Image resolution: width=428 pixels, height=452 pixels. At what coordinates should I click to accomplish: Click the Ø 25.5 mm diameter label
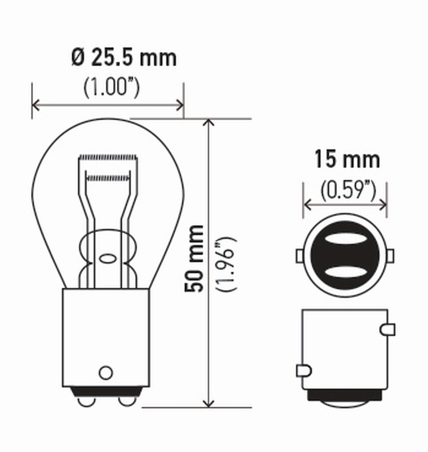coord(123,58)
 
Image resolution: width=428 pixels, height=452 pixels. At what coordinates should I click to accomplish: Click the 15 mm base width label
coord(346,160)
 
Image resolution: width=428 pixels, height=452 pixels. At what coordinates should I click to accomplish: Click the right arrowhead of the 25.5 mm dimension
coord(180,105)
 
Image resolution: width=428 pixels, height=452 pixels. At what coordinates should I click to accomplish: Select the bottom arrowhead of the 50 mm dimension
coord(210,402)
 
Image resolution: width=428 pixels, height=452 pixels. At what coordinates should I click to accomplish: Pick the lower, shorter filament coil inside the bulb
coord(108,177)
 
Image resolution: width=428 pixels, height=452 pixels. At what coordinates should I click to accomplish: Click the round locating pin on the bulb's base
coord(105,372)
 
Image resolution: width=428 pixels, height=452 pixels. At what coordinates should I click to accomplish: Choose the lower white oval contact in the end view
coord(345,272)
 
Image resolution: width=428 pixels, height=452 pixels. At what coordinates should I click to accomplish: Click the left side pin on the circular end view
coord(299,256)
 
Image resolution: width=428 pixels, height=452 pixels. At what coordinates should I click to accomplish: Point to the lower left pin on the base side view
coord(303,371)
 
